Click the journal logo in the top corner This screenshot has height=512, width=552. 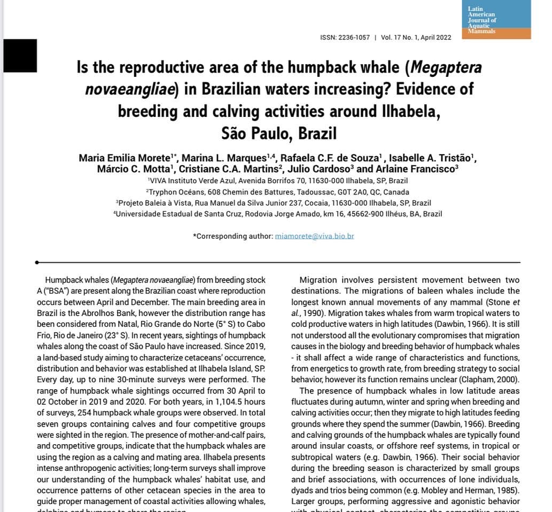pos(498,20)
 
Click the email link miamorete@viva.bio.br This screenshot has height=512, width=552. pos(314,235)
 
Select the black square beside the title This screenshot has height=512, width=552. pos(20,56)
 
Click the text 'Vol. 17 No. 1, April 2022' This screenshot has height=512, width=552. pos(416,38)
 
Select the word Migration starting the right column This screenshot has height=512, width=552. pos(318,280)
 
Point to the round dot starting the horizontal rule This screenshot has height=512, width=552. pos(36,262)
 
